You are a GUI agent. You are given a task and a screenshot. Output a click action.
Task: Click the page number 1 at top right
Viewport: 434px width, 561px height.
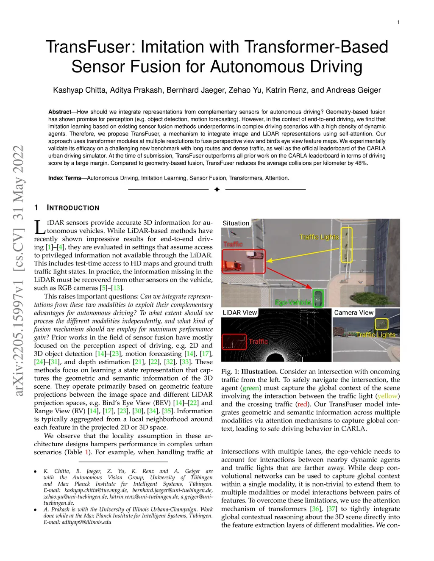tap(398, 22)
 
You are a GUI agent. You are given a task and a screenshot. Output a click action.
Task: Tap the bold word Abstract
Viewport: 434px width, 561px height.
tap(60, 112)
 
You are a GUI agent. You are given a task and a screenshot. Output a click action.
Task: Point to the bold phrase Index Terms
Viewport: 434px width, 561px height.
tap(64, 178)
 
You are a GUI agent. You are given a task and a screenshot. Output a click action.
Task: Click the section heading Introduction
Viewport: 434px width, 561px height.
tap(73, 208)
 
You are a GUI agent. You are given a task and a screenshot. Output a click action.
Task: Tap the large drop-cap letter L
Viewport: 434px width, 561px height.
tap(39, 227)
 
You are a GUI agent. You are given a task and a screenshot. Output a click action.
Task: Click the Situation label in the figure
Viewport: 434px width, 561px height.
tap(236, 223)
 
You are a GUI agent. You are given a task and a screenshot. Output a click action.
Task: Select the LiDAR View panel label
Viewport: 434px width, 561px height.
tap(240, 312)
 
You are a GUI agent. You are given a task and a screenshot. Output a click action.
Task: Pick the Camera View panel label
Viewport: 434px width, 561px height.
tap(354, 312)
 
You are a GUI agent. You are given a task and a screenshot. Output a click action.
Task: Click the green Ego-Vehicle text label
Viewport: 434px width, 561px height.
tap(292, 302)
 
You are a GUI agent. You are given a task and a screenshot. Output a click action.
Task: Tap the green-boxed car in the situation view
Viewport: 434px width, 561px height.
tap(317, 298)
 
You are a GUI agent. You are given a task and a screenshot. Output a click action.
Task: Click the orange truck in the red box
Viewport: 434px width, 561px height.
tap(232, 265)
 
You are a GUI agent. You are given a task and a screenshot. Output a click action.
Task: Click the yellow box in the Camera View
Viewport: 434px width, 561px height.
tap(382, 324)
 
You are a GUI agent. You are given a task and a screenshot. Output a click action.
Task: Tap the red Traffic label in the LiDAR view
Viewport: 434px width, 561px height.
tap(258, 341)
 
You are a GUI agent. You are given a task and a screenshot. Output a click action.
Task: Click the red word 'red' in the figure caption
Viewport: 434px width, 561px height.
tap(302, 404)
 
